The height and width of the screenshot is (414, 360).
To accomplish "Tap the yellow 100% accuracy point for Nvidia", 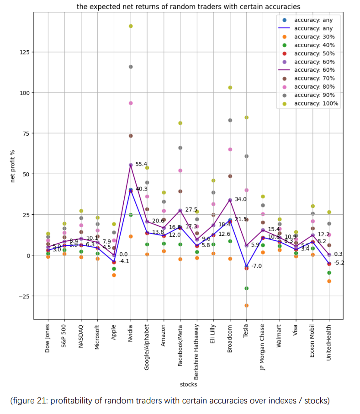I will pyautogui.click(x=131, y=26).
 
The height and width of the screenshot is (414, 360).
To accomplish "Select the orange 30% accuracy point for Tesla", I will pyautogui.click(x=246, y=305).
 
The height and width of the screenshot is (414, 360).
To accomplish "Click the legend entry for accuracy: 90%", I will pyautogui.click(x=314, y=95).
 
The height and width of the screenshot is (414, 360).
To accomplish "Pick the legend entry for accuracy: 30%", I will pyautogui.click(x=314, y=37).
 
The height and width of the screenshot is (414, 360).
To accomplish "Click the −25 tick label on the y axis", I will pyautogui.click(x=23, y=296).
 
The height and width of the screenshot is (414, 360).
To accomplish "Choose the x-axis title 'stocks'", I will pyautogui.click(x=188, y=384).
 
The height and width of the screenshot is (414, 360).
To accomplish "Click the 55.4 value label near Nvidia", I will pyautogui.click(x=141, y=164).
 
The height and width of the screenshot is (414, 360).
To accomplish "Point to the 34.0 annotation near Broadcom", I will pyautogui.click(x=240, y=200).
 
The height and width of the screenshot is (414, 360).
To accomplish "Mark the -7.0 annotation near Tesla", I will pyautogui.click(x=256, y=266).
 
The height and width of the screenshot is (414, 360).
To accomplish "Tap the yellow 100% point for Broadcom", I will pyautogui.click(x=230, y=88).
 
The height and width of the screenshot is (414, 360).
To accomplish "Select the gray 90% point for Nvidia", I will pyautogui.click(x=131, y=67).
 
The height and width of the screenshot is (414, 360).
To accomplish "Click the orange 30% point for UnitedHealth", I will pyautogui.click(x=329, y=281).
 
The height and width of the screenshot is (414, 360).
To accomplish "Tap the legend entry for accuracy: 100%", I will pyautogui.click(x=316, y=103).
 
